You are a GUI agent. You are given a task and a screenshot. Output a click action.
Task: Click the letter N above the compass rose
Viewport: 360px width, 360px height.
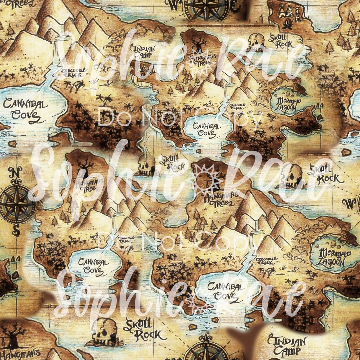point(15,173)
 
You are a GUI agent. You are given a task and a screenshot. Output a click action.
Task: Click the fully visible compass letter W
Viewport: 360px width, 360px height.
point(350,202)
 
